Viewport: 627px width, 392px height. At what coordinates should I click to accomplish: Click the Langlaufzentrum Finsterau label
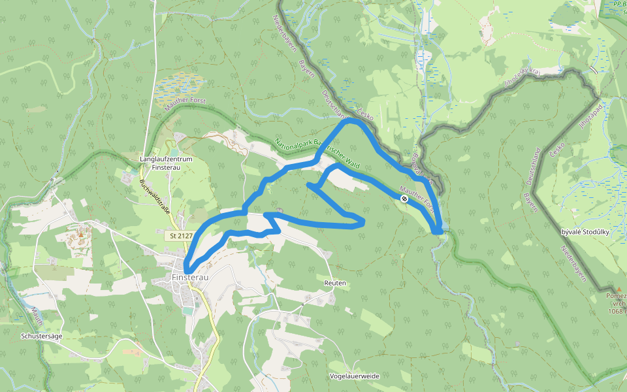[x=166, y=163]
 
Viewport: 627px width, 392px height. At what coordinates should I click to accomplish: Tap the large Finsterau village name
[x=190, y=278]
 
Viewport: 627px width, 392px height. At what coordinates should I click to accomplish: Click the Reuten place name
[x=334, y=283]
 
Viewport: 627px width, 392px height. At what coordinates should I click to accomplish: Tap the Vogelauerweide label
[x=355, y=376]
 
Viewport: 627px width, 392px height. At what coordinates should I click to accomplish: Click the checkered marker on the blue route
[x=405, y=198]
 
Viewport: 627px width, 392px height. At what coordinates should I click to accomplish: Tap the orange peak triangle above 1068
[x=619, y=288]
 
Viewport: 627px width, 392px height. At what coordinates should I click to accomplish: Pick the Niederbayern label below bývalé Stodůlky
[x=572, y=265]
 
